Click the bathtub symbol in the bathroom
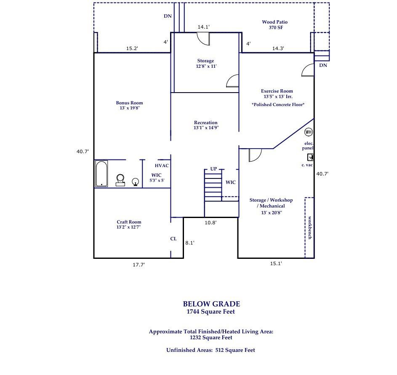(x=101, y=173)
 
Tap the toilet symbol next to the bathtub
(x=120, y=180)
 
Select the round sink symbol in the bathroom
(x=136, y=182)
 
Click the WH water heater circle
(x=309, y=132)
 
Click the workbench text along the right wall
(x=310, y=228)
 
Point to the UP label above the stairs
(x=213, y=169)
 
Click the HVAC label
(x=162, y=165)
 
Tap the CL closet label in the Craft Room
(x=173, y=239)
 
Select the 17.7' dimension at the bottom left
(x=139, y=265)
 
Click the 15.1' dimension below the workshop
(x=276, y=263)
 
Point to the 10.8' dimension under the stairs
(x=210, y=223)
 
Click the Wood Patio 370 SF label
(x=275, y=25)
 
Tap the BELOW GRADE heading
(x=211, y=304)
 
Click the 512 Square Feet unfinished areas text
(x=235, y=350)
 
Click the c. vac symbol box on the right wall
(x=310, y=157)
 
